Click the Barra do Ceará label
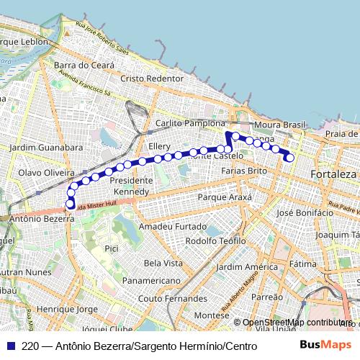tap(84, 65)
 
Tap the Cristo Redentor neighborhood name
tap(152, 78)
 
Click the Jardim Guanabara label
tap(46, 147)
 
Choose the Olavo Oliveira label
tap(46, 173)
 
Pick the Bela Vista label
tap(163, 263)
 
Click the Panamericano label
tap(150, 280)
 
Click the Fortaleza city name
tap(333, 174)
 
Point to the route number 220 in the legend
tap(30, 345)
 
